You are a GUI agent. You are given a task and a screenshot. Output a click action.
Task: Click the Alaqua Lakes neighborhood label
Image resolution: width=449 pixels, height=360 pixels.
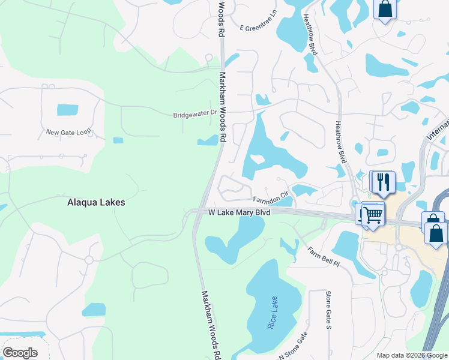pos(96,203)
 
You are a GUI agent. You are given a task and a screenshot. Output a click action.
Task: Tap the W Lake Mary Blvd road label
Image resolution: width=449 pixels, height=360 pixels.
pos(239,212)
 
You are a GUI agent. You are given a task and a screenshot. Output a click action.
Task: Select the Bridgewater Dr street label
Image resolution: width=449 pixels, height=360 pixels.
pos(194,114)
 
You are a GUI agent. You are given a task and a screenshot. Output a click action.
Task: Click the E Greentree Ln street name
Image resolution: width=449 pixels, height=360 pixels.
pos(261,28)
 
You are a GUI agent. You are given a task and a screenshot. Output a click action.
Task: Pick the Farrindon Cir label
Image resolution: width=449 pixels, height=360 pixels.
pos(271,196)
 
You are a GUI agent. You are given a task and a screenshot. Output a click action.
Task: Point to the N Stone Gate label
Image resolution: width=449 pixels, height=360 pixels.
pos(294,346)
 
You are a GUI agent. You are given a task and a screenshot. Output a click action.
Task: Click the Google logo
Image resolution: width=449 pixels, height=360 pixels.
pos(20,353)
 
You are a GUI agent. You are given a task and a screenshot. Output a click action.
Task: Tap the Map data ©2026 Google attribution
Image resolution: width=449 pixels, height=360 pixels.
pos(412,355)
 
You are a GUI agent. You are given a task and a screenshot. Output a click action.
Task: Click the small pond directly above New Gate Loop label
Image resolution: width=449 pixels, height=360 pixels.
pos(67,110)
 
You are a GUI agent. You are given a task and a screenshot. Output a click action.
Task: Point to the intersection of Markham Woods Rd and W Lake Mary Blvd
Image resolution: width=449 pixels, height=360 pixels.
pos(198,212)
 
